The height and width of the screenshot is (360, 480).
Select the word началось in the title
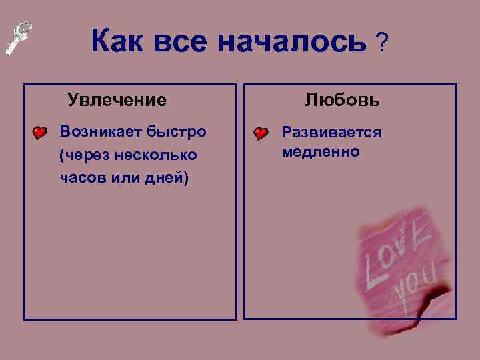click(292, 43)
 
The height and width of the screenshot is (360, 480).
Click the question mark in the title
click(382, 43)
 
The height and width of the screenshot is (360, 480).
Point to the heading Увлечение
click(117, 101)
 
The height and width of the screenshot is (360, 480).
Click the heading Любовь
click(343, 101)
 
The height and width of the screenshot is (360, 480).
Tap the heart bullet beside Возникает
click(41, 133)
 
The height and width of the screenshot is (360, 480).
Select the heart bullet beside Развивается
click(261, 133)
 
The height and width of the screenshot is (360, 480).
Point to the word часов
click(79, 179)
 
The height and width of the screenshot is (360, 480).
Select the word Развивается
click(331, 132)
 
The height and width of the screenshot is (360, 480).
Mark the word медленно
click(321, 152)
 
